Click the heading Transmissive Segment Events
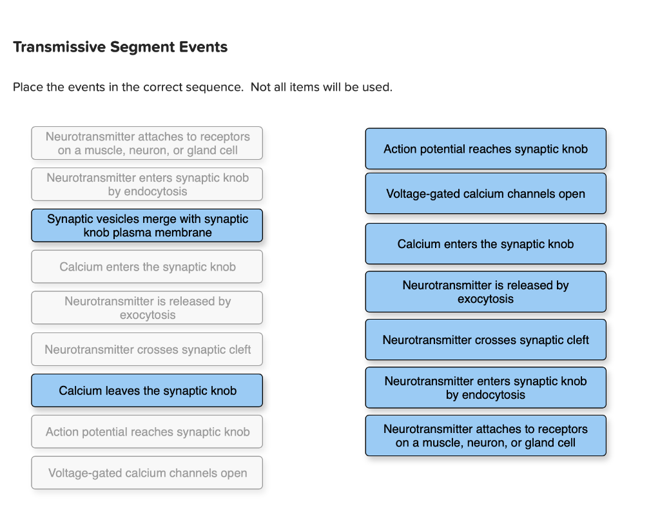[x=120, y=47]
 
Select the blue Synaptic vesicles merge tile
[x=147, y=226]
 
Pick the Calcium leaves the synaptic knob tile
[x=147, y=390]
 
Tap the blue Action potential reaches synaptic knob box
[x=485, y=149]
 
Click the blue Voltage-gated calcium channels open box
[x=485, y=193]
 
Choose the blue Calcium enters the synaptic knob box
[x=485, y=244]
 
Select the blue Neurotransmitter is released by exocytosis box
[x=485, y=292]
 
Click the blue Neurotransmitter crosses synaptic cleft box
[x=485, y=340]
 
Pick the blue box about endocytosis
[x=485, y=388]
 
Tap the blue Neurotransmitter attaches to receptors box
[x=485, y=436]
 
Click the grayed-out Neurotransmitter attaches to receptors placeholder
[x=147, y=143]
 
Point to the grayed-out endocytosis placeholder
[x=147, y=184]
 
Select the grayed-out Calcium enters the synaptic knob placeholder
[x=147, y=267]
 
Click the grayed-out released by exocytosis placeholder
[x=147, y=308]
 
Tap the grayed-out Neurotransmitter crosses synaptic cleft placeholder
[x=147, y=349]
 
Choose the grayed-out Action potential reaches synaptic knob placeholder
[x=147, y=432]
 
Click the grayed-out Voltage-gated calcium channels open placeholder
[x=147, y=473]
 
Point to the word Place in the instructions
[x=28, y=87]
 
